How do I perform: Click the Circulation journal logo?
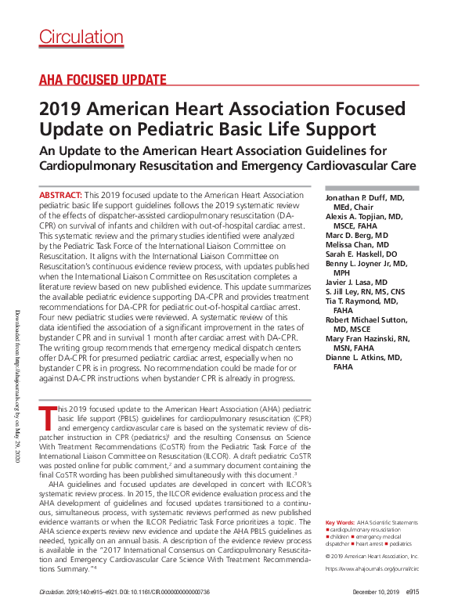pyautogui.click(x=81, y=37)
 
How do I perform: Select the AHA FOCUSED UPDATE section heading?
pyautogui.click(x=102, y=79)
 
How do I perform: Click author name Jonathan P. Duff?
pyautogui.click(x=361, y=199)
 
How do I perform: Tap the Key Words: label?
pyautogui.click(x=339, y=521)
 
